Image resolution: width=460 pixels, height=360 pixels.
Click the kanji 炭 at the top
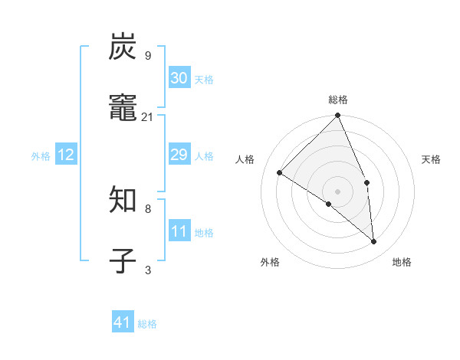coord(123,47)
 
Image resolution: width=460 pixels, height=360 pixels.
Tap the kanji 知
coord(123,201)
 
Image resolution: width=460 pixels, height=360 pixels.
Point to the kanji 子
coord(123,260)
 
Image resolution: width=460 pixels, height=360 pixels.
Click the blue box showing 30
coord(179,77)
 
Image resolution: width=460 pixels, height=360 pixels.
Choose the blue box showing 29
coord(179,155)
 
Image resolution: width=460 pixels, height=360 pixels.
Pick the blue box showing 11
coord(179,231)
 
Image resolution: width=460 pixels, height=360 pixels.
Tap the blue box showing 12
coord(66,155)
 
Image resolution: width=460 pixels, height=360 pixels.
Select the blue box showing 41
coord(123,322)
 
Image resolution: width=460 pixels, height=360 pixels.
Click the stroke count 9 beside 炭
coord(148,55)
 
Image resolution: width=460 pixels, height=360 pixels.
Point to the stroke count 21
coord(148,116)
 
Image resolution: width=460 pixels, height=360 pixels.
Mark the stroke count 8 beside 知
coord(148,208)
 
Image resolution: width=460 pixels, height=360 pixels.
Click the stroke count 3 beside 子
coord(148,270)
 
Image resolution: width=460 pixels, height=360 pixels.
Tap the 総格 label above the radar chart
coord(338,100)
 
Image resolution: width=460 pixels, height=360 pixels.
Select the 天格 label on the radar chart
coord(432,159)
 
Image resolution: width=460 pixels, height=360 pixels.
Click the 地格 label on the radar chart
coord(402,262)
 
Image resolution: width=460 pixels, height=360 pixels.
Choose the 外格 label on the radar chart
coord(270,262)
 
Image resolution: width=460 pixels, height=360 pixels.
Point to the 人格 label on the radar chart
coord(245,159)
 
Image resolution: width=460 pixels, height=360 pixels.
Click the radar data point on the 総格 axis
coord(338,116)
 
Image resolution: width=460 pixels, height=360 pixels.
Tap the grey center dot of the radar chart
coord(338,191)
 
